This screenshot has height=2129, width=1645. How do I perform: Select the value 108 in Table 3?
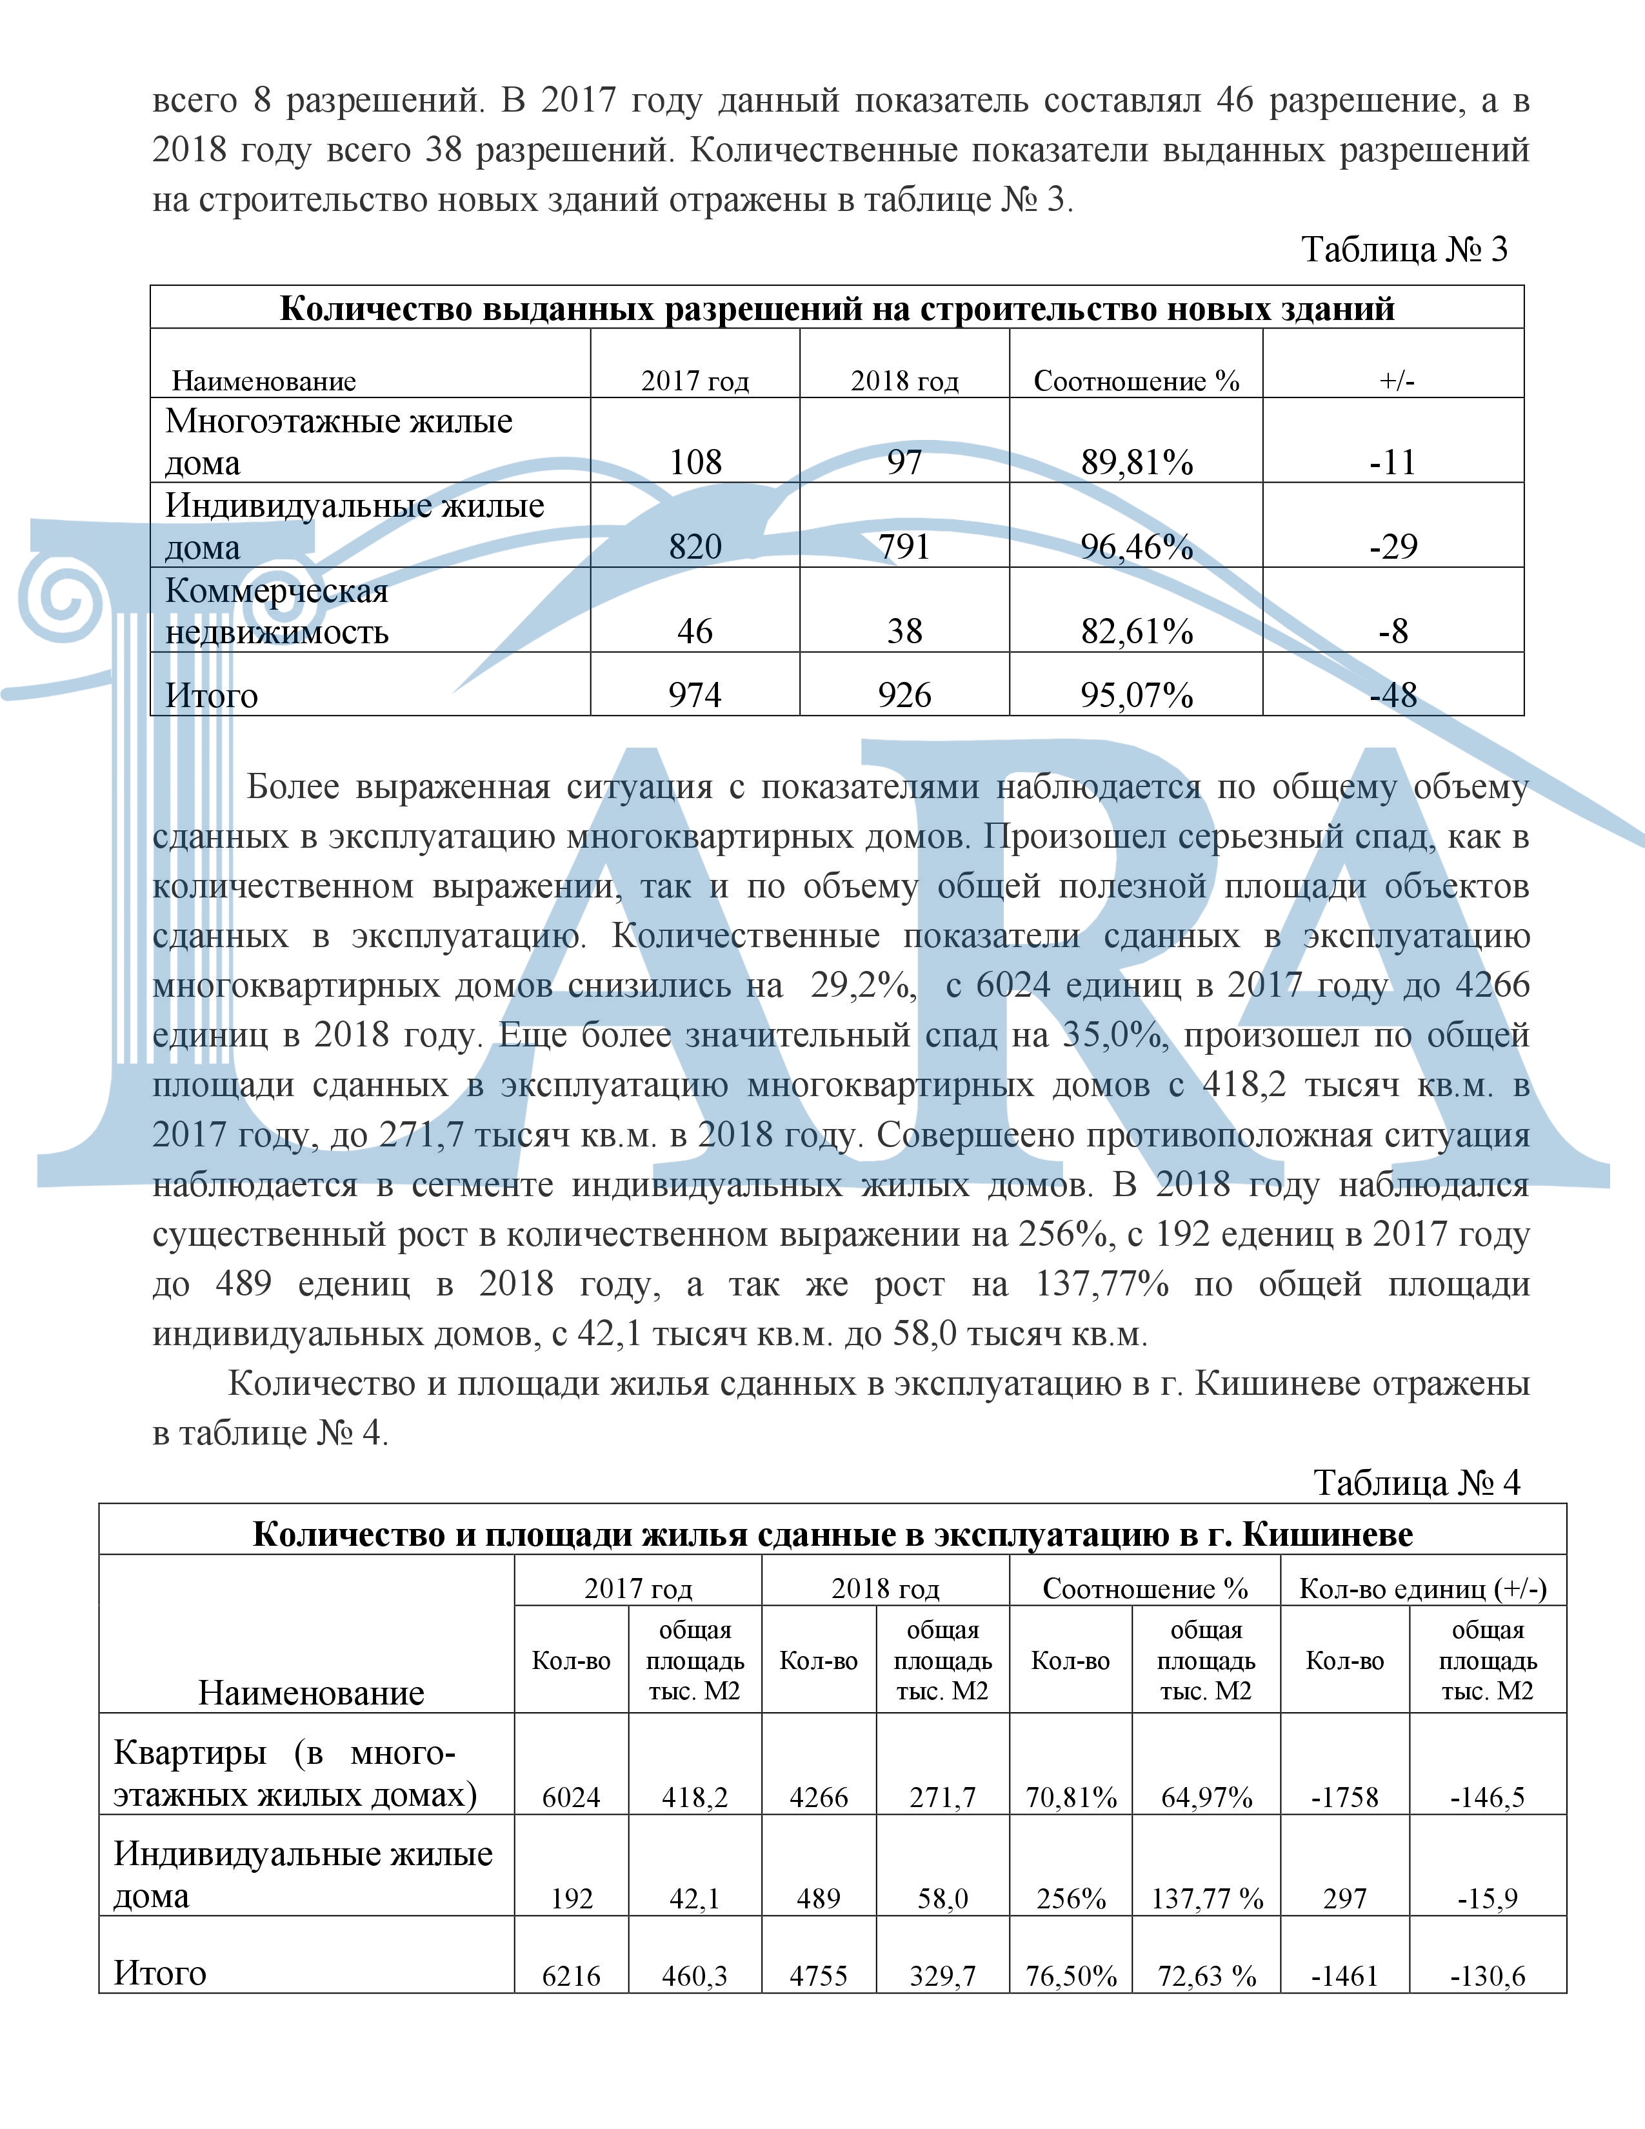point(695,462)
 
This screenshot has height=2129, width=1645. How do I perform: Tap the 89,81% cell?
point(1136,462)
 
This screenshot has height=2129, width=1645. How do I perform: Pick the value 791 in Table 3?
point(904,547)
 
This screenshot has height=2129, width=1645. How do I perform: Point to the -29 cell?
point(1393,547)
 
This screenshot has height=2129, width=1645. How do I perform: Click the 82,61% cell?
point(1136,632)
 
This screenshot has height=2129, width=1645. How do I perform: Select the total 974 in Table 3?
point(695,695)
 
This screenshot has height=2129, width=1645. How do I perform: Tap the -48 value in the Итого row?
point(1393,695)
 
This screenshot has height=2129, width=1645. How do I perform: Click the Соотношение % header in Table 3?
point(1136,381)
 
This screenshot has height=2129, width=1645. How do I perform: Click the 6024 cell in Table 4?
point(571,1797)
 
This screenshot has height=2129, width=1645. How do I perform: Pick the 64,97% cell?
point(1206,1797)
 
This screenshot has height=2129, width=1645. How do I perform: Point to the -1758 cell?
point(1345,1797)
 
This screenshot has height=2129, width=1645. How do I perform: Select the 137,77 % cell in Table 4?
point(1206,1899)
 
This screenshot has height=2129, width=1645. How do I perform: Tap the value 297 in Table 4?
point(1345,1899)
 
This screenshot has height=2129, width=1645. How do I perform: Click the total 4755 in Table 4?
point(819,1976)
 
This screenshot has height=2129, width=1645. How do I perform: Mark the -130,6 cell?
point(1487,1976)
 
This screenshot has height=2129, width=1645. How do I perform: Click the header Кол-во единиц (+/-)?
point(1423,1590)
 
